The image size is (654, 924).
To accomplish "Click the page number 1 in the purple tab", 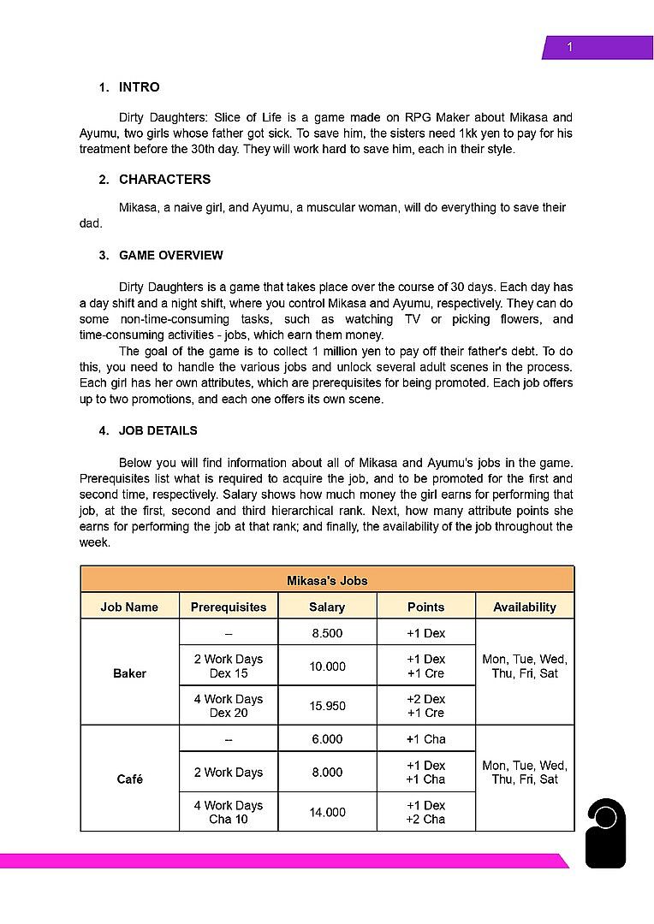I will [570, 47].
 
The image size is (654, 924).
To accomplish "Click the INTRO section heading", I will [139, 87].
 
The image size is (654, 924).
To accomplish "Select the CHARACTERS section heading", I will [164, 180].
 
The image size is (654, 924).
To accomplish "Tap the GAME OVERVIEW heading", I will [171, 256].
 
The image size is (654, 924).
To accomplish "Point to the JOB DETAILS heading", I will [158, 431].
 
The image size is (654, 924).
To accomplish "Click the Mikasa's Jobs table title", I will [327, 580].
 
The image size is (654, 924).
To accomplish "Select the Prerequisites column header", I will [229, 607].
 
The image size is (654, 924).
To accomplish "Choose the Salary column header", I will [327, 607].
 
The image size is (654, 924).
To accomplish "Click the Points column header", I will [425, 607].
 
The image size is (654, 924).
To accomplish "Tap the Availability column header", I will [525, 607].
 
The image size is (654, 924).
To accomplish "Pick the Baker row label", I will [129, 673].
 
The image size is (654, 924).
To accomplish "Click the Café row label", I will [129, 779].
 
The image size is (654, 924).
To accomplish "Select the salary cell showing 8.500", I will [327, 633].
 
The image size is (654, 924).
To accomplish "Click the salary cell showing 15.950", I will [327, 706].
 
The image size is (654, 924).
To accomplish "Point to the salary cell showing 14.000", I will [327, 812].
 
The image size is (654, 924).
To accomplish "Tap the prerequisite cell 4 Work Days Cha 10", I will [229, 812].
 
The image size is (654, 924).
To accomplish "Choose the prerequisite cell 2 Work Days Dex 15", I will [229, 666].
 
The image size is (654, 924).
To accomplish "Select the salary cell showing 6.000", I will [327, 739].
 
